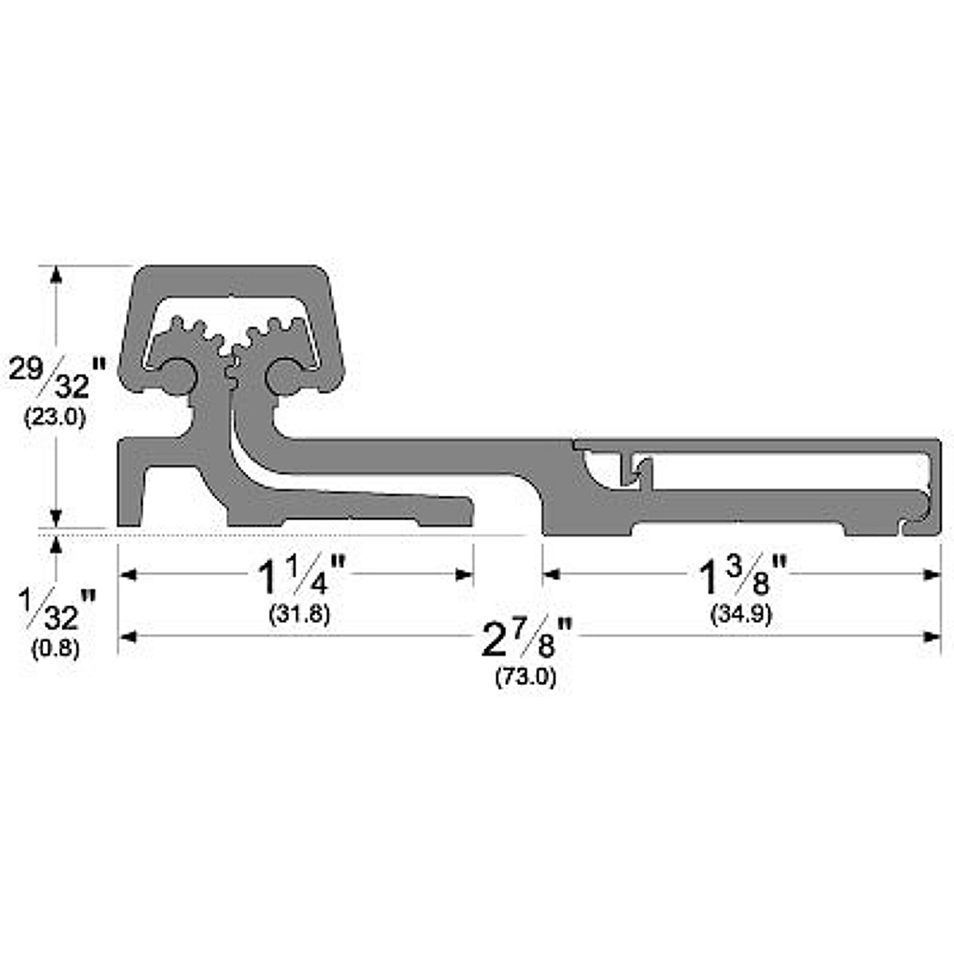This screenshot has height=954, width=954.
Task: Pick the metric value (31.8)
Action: pos(300,614)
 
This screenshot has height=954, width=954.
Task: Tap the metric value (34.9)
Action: pos(740,614)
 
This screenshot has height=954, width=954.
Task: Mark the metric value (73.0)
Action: pos(526,677)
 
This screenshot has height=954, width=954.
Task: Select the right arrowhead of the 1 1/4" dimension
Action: pos(465,574)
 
